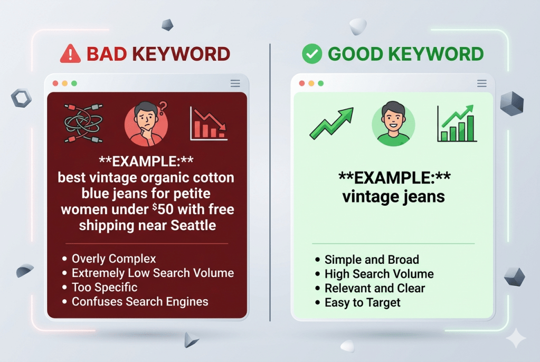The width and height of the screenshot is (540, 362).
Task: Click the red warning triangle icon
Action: (71, 54)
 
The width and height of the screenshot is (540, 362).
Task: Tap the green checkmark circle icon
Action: (312, 54)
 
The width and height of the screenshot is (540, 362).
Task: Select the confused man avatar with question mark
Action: (147, 124)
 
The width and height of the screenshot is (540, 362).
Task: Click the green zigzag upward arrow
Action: (331, 124)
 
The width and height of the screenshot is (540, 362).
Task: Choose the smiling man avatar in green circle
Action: (393, 125)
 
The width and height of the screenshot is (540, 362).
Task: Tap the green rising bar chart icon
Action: (457, 123)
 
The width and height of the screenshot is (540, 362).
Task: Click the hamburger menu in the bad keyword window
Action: (235, 83)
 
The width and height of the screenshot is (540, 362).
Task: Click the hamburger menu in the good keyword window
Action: (481, 83)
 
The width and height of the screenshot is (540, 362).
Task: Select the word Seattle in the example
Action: (193, 226)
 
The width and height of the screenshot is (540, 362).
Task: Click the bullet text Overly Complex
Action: (113, 259)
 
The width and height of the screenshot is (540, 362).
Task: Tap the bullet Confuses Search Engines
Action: (140, 302)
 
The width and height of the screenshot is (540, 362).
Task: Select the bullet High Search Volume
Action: (378, 274)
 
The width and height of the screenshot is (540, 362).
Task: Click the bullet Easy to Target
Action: (362, 302)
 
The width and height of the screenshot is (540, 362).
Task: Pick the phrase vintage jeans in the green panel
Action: (393, 197)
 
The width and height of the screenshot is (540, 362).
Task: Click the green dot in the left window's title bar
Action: (74, 83)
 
